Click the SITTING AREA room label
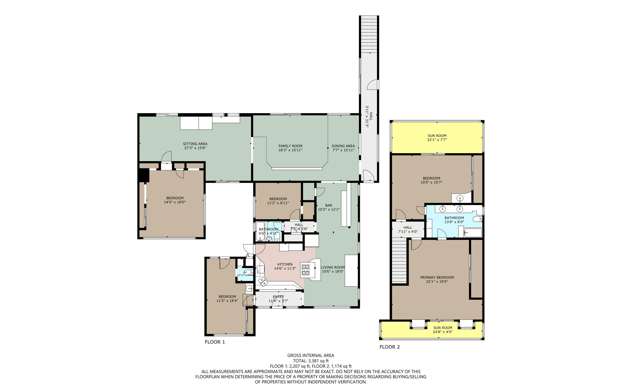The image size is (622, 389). point(195,144)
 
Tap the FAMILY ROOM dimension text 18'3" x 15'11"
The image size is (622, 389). point(290,150)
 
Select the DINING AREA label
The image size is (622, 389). point(343,146)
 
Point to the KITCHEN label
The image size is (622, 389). point(285,264)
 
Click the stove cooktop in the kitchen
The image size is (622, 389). point(305,270)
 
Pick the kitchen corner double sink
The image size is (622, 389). point(263,281)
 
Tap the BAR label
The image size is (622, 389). point(329,205)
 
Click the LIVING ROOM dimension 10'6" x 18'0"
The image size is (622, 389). point(333,272)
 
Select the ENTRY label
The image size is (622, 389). point(278,297)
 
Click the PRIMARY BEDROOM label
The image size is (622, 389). point(437,277)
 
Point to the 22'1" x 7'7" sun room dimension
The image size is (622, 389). point(437,140)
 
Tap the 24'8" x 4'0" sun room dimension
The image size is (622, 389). point(443,332)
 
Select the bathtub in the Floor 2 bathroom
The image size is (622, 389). point(473,233)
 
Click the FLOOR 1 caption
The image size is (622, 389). point(215,342)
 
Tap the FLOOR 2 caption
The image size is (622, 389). point(390,347)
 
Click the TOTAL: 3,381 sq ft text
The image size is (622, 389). point(311,361)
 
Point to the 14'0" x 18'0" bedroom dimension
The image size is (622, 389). point(175,202)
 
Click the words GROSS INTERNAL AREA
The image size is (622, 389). point(311,355)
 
